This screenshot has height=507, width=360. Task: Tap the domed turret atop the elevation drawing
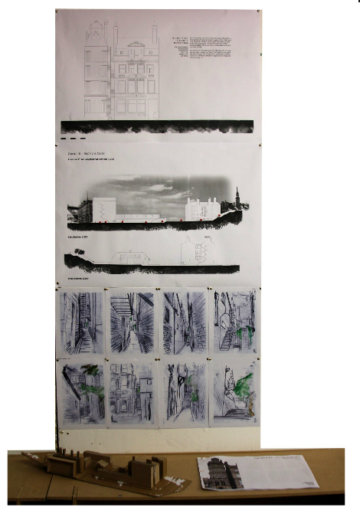point(97,29)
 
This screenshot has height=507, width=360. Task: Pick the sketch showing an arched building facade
point(132,394)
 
